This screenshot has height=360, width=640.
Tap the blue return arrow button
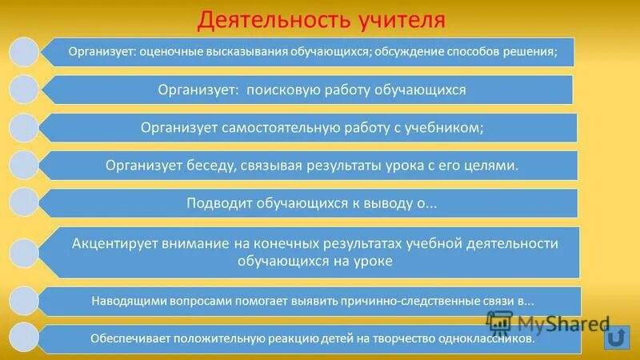point(616,336)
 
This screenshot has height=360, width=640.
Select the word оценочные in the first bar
point(169,53)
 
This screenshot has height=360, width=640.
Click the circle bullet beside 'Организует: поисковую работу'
point(24,90)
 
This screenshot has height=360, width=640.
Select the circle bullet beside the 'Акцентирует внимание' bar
point(24,251)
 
